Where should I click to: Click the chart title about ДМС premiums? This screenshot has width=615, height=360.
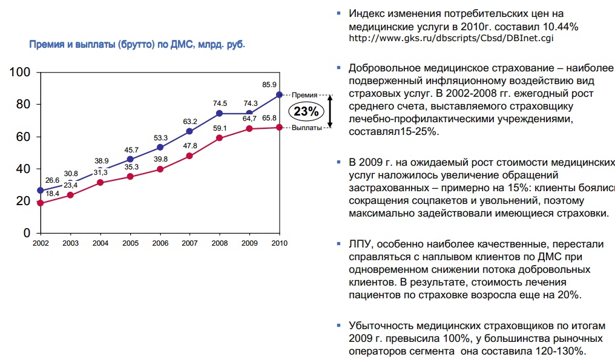(x=137, y=44)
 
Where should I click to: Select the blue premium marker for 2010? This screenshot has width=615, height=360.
(x=279, y=94)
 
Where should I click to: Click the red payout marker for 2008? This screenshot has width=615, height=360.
(x=220, y=139)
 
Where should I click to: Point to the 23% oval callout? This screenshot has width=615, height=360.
(x=306, y=111)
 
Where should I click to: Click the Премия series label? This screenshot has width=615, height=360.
(x=304, y=95)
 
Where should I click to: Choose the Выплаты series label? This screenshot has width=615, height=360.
(x=306, y=128)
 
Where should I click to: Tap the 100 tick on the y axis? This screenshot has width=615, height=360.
(x=21, y=73)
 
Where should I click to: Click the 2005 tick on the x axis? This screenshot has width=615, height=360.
(x=130, y=243)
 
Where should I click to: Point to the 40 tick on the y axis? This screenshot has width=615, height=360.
(x=24, y=169)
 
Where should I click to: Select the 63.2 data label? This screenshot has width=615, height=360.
(x=190, y=122)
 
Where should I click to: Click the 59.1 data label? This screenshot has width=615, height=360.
(x=219, y=128)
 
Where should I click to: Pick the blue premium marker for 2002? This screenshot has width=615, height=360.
(x=41, y=191)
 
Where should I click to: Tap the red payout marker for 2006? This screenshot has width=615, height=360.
(x=160, y=169)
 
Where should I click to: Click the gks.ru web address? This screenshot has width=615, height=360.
(x=451, y=38)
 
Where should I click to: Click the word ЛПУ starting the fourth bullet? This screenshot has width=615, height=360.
(x=361, y=244)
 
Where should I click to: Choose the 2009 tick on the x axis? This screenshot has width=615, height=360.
(x=249, y=243)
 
